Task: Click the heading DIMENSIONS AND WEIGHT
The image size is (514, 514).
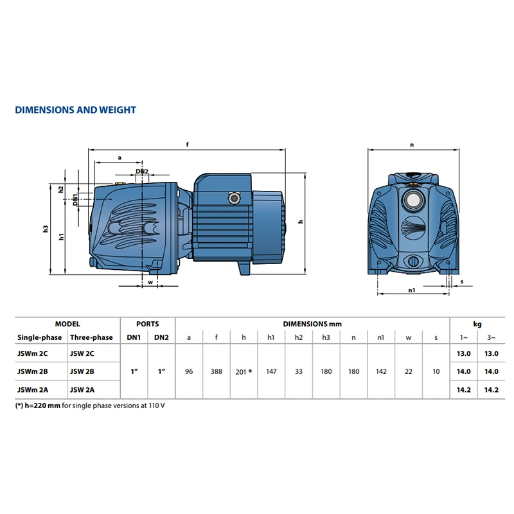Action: click(x=75, y=110)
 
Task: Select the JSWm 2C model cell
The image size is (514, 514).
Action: click(x=33, y=353)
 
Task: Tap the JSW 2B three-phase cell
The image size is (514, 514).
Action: click(x=82, y=371)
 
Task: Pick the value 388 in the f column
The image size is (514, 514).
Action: click(x=217, y=371)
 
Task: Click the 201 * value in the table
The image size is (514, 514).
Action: click(x=244, y=372)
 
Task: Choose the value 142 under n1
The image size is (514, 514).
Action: click(x=381, y=371)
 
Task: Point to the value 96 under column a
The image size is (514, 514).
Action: click(x=189, y=371)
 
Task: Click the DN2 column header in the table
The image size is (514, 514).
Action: click(x=162, y=337)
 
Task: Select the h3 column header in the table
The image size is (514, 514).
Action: click(x=326, y=337)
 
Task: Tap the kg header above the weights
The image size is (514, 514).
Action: click(x=477, y=324)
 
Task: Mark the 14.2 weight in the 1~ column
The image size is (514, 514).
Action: click(x=463, y=390)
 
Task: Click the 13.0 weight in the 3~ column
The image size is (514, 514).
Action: click(x=492, y=353)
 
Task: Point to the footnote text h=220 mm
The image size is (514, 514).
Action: click(x=42, y=405)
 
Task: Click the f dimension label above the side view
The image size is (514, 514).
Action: click(x=188, y=144)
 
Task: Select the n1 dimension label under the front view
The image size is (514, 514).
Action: click(x=412, y=290)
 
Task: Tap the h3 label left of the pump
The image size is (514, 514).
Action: click(x=46, y=229)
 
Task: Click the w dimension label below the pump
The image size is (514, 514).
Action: click(x=150, y=282)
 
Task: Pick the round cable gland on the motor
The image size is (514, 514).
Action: click(x=234, y=198)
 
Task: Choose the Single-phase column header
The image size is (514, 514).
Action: click(x=39, y=337)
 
